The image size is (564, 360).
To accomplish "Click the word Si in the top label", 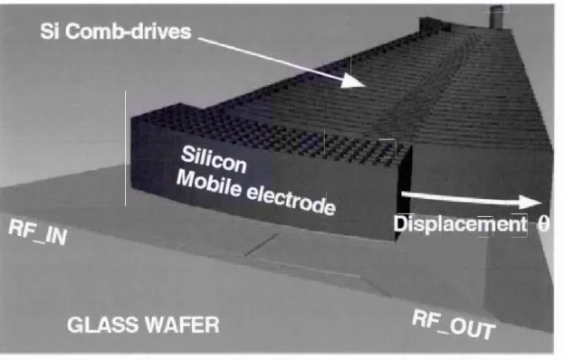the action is [49, 32].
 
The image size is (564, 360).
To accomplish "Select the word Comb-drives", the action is [128, 32].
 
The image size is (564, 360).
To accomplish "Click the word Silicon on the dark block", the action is [214, 160].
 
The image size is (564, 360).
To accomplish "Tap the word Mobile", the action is [208, 184].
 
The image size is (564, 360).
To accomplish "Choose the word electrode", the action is [292, 200].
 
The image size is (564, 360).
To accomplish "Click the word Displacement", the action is [460, 224].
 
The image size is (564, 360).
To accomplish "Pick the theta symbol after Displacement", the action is [543, 224].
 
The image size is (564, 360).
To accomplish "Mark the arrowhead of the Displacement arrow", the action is [530, 202].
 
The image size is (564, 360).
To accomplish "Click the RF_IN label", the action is [38, 232].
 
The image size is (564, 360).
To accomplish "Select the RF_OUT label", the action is [454, 325].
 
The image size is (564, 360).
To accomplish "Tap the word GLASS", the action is [103, 325].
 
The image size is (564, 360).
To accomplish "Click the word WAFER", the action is [183, 325].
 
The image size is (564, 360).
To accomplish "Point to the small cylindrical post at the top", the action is [496, 17].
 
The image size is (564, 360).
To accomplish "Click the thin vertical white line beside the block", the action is [125, 148].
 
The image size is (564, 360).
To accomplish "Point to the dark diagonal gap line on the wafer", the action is [262, 244].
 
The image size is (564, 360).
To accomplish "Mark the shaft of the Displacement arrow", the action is [461, 198].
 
